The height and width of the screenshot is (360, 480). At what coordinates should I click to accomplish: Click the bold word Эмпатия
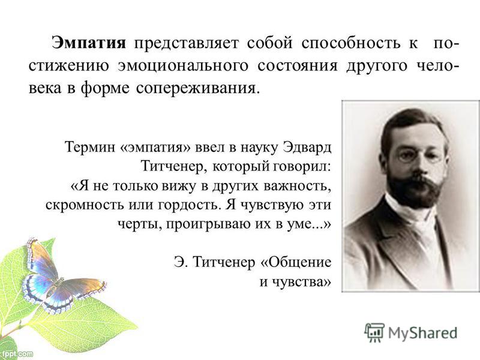89,43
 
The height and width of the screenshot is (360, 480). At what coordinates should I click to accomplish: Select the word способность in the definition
351,43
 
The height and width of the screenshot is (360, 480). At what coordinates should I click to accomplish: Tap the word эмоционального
183,67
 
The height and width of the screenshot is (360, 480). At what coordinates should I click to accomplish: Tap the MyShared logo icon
374,332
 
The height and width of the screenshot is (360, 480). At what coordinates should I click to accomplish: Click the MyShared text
423,333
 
